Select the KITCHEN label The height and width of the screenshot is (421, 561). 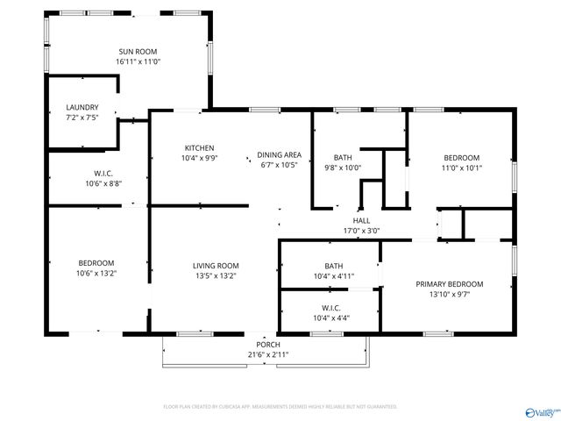point(199,147)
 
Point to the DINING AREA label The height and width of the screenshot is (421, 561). point(279,154)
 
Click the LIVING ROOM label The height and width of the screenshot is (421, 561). point(216,265)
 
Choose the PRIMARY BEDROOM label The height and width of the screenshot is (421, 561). point(449,283)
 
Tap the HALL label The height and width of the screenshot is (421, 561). point(361,221)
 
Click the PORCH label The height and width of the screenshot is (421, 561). point(267,345)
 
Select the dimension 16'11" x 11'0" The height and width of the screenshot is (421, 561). point(138,62)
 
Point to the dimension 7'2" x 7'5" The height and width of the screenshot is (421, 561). point(82,118)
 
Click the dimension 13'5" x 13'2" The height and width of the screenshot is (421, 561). point(216,275)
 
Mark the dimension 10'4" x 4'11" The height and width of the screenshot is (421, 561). point(333,276)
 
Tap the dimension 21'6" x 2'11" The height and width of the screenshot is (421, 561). point(267,354)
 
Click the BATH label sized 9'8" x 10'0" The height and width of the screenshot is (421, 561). point(342,158)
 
